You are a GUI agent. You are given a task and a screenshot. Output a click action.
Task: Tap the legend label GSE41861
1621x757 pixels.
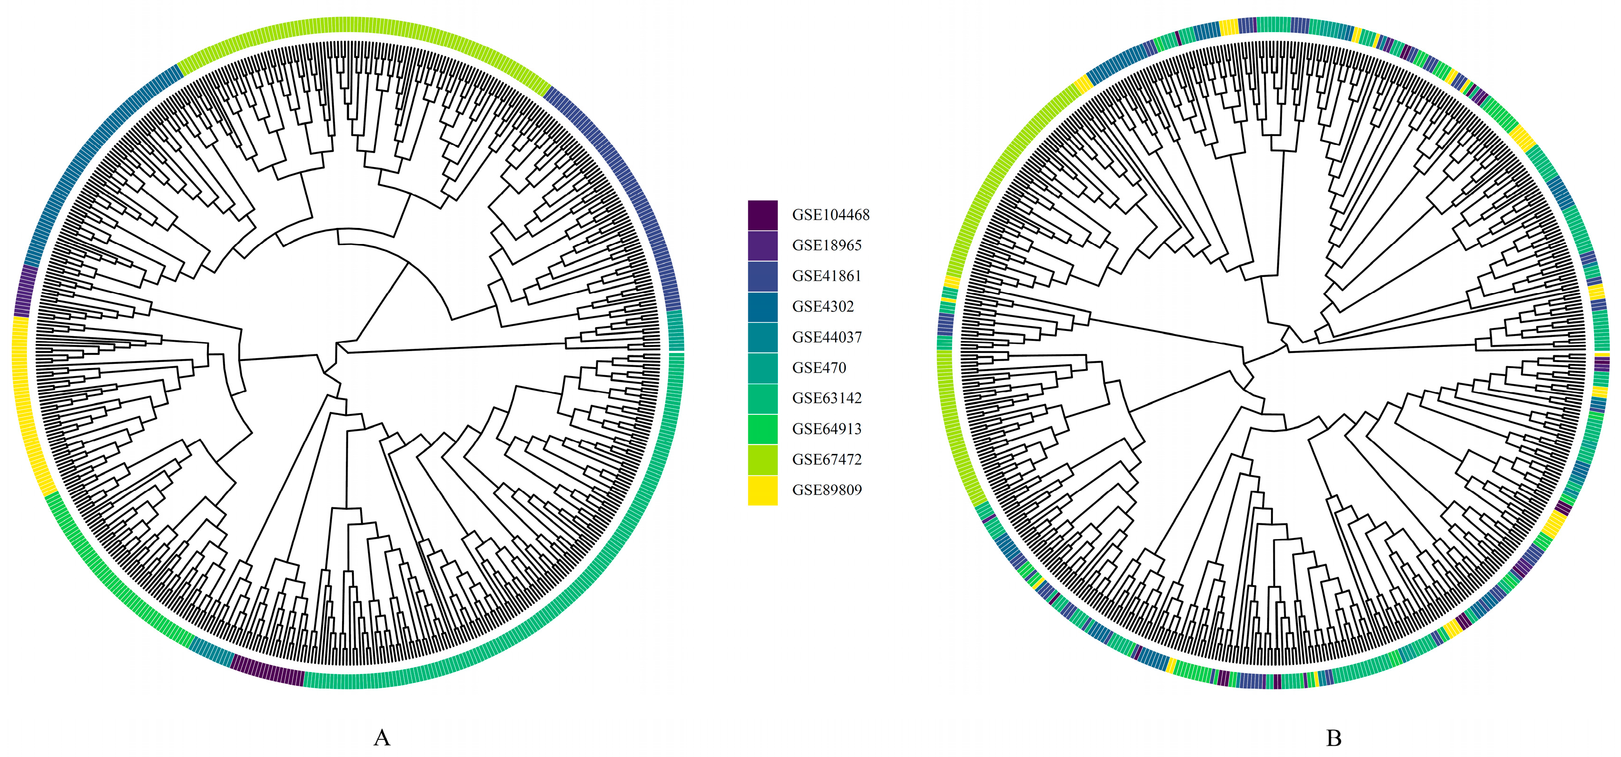(826, 276)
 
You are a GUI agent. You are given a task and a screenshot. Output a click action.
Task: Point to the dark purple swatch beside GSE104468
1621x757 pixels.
(762, 215)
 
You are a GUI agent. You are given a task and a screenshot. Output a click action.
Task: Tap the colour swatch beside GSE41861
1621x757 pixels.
(762, 276)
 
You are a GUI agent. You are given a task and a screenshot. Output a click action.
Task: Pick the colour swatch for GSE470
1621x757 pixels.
(762, 368)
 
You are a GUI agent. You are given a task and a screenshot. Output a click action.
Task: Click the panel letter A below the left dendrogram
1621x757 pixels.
(382, 738)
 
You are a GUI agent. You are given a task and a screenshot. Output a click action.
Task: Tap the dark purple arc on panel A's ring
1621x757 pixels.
(267, 670)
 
